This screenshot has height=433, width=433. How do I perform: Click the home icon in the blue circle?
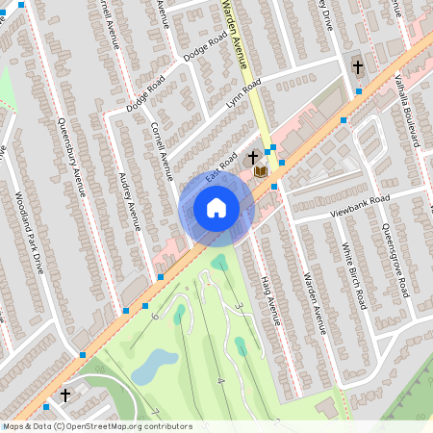pos(216,207)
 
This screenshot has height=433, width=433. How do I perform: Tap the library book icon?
pos(260,170)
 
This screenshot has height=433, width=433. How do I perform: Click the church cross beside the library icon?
pos(253,157)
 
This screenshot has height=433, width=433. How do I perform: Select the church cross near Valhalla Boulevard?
pos(358,67)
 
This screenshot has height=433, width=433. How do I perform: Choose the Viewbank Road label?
pos(360,204)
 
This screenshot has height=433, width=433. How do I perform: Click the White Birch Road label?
pos(355,276)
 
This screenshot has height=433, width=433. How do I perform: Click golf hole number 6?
pos(155,315)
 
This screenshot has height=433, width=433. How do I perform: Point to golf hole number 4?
pos(220,381)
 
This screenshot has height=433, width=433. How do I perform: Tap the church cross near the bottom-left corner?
pos(65,395)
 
